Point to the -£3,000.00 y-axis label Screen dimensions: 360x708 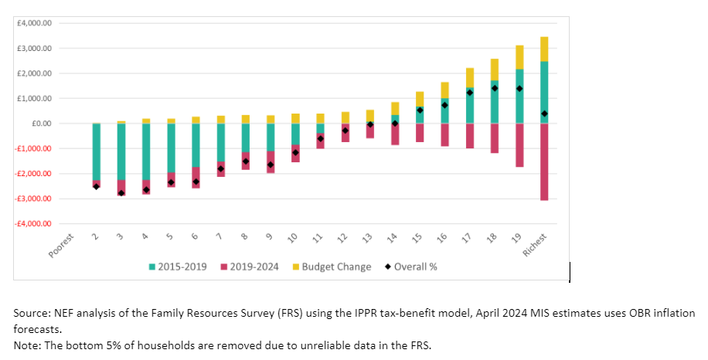pyautogui.click(x=33, y=199)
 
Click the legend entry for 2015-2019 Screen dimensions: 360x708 pyautogui.click(x=179, y=267)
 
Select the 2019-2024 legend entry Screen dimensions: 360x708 pyautogui.click(x=250, y=267)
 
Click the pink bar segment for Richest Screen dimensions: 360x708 pyautogui.click(x=544, y=161)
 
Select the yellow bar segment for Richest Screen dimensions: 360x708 pyautogui.click(x=544, y=49)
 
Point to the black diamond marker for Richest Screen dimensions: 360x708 pyautogui.click(x=544, y=114)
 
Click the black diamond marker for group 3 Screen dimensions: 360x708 pyautogui.click(x=121, y=192)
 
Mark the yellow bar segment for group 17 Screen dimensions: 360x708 pyautogui.click(x=469, y=77)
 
